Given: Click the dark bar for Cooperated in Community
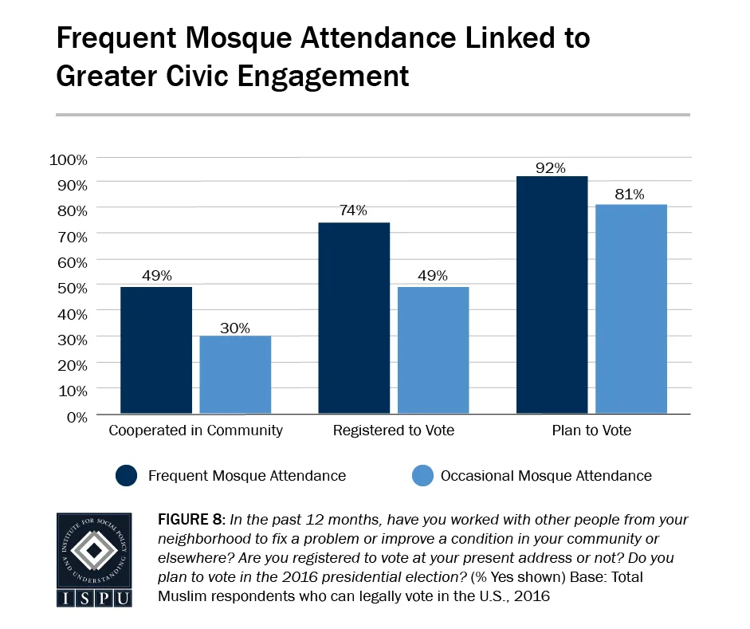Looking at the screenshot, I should [155, 351].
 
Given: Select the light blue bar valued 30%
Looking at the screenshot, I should [235, 375].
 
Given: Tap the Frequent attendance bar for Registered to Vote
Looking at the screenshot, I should [354, 319].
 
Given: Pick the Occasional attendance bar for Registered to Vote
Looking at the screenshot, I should [433, 351].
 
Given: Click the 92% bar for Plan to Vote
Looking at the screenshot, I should [552, 296].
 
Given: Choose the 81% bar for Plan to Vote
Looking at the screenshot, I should [630, 310].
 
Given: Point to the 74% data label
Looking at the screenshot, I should [353, 210].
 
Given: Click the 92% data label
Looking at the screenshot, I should [551, 167].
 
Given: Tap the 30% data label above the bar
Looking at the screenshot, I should [235, 328].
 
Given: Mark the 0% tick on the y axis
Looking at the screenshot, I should [77, 416].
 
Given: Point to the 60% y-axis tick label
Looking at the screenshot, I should [72, 261].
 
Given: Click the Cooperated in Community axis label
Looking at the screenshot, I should [195, 431].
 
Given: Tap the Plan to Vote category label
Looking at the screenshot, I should [591, 431].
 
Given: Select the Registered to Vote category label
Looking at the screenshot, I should [394, 431].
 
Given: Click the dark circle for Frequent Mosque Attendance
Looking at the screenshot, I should [127, 476].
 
